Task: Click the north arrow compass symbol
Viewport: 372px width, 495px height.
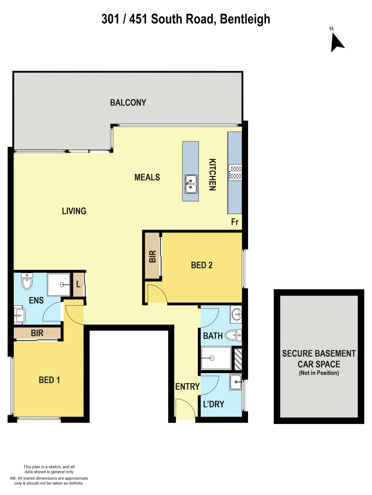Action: click(337, 41)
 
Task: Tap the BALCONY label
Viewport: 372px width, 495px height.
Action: click(128, 103)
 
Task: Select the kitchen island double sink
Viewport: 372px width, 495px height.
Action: click(191, 183)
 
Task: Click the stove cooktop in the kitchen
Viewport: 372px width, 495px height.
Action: click(236, 172)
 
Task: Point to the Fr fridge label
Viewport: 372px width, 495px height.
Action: click(235, 222)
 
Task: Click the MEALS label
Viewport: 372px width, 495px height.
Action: click(147, 177)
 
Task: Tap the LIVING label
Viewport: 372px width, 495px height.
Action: click(74, 211)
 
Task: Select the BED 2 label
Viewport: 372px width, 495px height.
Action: click(202, 265)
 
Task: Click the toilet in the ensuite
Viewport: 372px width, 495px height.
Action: click(27, 281)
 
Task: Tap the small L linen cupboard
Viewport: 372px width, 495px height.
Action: click(78, 285)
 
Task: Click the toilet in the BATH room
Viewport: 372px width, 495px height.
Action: click(234, 335)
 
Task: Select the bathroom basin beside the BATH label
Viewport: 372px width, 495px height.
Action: click(236, 314)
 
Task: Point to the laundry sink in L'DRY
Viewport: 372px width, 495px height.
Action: click(236, 381)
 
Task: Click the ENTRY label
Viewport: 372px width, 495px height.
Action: click(187, 387)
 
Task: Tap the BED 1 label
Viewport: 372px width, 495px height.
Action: click(50, 380)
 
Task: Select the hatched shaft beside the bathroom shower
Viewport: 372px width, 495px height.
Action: click(238, 359)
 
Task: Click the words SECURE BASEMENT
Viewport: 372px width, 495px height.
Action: click(319, 353)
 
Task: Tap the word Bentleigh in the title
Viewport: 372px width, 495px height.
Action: click(245, 19)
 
